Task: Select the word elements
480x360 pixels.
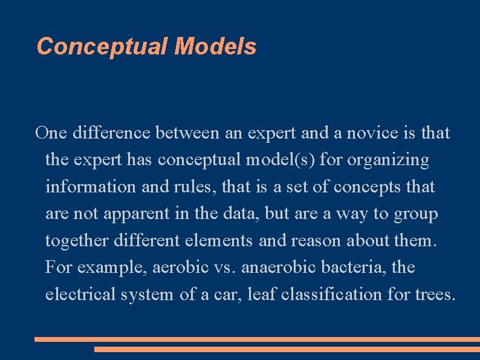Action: (216, 241)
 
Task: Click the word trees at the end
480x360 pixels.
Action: (434, 295)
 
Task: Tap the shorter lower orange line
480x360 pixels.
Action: (287, 349)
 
